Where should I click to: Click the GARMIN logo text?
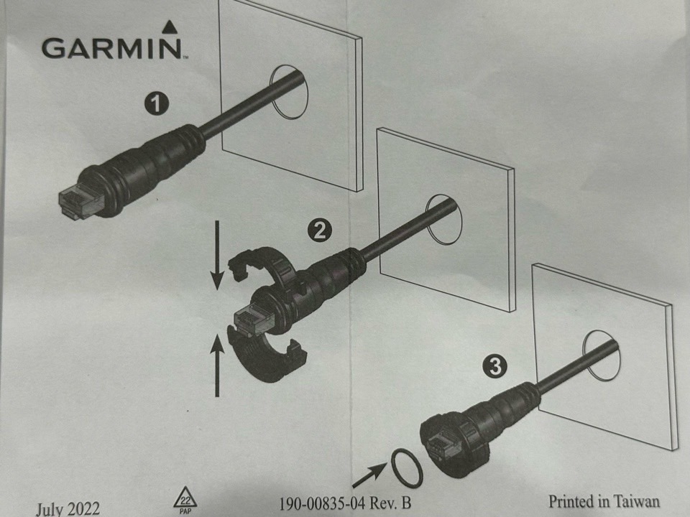(x=112, y=48)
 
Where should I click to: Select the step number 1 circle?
(x=157, y=104)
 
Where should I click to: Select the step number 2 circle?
(x=319, y=230)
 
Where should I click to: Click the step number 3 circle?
(x=494, y=366)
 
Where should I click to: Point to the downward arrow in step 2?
(x=217, y=256)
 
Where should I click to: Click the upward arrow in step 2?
(x=217, y=365)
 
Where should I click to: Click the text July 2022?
(x=68, y=509)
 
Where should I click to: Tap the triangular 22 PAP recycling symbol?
(x=185, y=500)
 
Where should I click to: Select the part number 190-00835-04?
(x=322, y=503)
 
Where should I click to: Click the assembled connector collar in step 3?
(x=454, y=444)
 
